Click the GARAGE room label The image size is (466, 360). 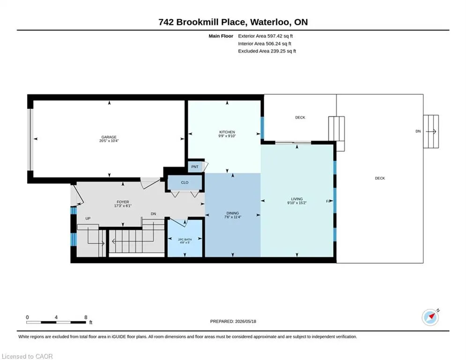109,137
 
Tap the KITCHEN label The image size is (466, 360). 227,132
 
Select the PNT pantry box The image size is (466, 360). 195,166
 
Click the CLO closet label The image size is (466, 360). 185,182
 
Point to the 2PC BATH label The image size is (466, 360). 185,239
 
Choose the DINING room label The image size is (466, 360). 232,213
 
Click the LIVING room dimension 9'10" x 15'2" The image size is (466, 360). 296,203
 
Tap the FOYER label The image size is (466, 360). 123,202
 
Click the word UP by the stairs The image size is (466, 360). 88,218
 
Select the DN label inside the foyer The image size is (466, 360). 153,214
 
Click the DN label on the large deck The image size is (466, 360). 418,131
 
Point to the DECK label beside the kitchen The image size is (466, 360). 300,118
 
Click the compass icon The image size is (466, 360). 430,317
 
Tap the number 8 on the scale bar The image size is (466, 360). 86,317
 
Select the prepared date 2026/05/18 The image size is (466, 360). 245,321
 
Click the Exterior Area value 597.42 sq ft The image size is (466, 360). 280,36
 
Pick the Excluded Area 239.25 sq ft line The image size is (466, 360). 267,51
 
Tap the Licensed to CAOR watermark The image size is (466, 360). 27,356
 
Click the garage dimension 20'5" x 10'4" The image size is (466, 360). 109,141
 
